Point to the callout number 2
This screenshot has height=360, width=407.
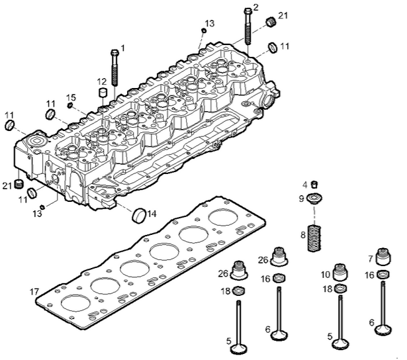point(255,7)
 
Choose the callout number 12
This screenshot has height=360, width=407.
point(102,81)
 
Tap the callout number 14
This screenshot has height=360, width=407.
point(152,214)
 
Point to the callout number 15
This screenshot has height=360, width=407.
point(71,97)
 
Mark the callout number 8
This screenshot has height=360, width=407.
point(302,234)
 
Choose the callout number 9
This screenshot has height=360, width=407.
point(301,198)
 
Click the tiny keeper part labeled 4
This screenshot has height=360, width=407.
point(315,185)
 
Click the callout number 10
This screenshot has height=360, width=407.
point(326,274)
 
